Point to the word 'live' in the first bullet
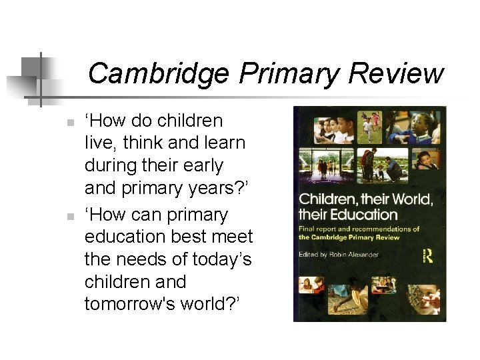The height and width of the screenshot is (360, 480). coord(97,143)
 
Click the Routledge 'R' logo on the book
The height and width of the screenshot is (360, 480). coord(428,255)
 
